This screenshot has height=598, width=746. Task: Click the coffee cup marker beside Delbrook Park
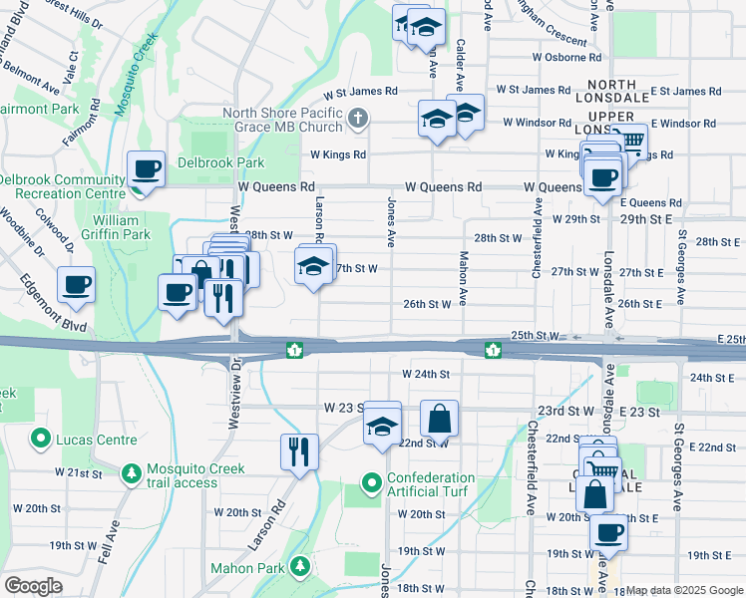click(x=147, y=169)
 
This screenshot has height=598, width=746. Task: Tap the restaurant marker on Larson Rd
click(x=299, y=451)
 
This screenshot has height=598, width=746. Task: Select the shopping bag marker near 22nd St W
click(x=439, y=419)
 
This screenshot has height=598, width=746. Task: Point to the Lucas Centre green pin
click(x=41, y=438)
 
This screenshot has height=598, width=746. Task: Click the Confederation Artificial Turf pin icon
click(x=372, y=485)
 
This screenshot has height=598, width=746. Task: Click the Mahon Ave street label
click(x=463, y=266)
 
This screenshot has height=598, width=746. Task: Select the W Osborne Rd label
click(x=565, y=56)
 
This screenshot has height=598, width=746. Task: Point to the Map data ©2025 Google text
click(x=683, y=590)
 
